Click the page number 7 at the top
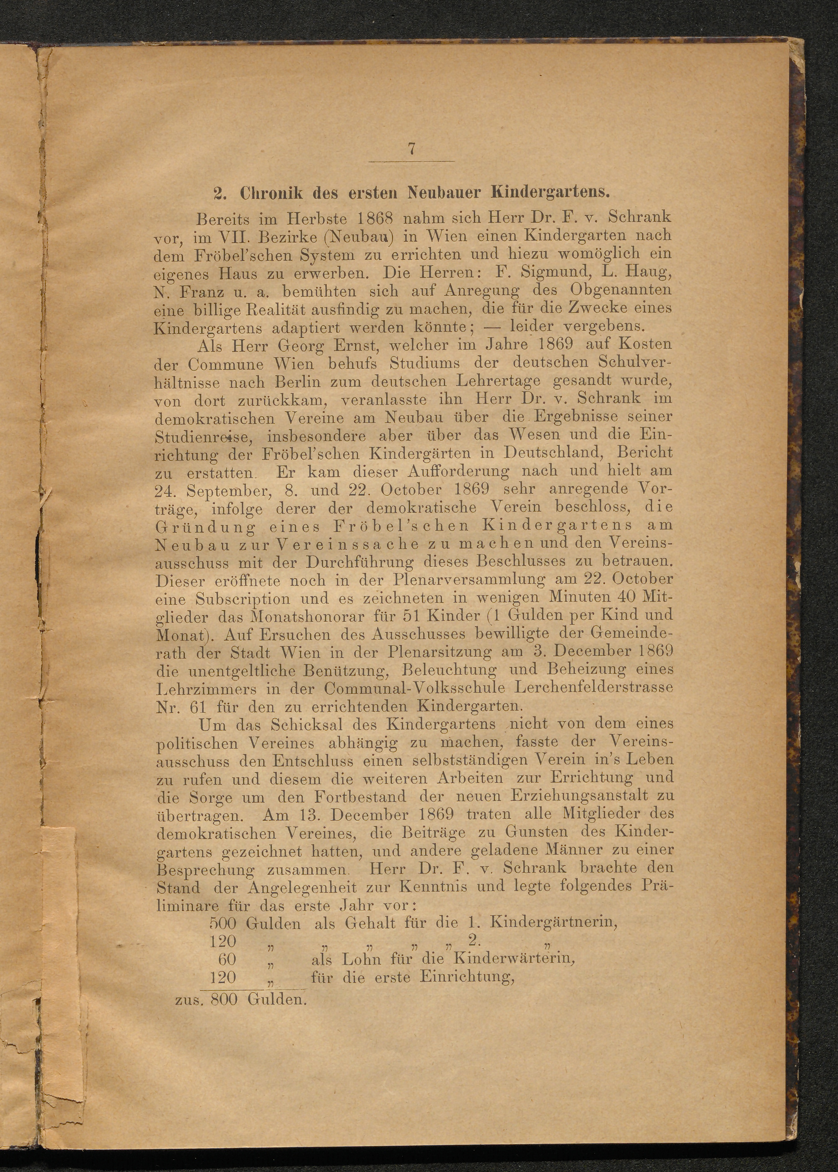click(411, 149)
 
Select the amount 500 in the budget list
click(223, 923)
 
